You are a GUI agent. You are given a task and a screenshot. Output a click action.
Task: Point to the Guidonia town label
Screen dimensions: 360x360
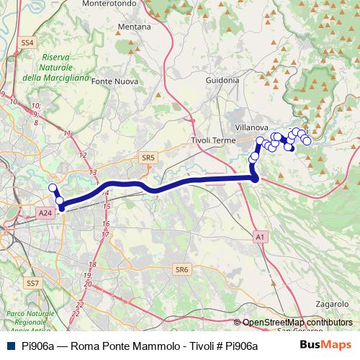(x=222, y=81)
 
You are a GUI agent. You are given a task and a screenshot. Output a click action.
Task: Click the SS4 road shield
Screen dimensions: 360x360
(x=28, y=43)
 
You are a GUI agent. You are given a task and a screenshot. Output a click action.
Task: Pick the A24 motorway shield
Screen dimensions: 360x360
(x=45, y=213)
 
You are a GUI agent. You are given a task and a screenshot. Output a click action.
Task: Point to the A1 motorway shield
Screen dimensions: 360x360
(x=260, y=236)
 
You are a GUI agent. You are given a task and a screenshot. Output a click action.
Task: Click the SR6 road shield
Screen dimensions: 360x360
(x=181, y=270)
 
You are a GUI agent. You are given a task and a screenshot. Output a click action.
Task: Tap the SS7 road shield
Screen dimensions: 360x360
(x=32, y=284)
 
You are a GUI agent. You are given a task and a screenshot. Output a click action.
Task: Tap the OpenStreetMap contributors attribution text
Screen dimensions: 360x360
(x=297, y=323)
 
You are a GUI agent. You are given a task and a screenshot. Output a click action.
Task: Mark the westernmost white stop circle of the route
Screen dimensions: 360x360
(x=53, y=189)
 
